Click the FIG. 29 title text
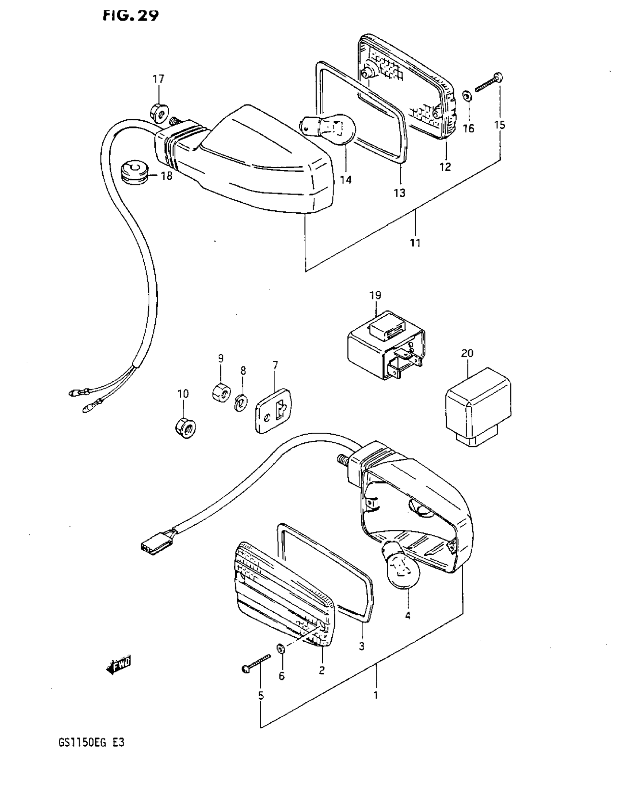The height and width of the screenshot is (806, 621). click(131, 15)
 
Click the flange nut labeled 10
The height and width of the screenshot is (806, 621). click(185, 428)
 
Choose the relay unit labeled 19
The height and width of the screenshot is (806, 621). click(386, 344)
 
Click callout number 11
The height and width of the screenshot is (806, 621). click(415, 243)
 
